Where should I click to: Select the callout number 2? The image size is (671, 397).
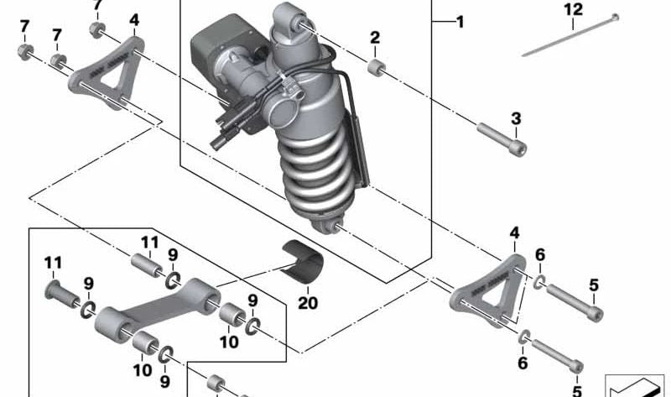[x=375, y=37]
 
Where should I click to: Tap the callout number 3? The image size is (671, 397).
[x=516, y=118]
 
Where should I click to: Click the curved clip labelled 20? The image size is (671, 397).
[x=304, y=260]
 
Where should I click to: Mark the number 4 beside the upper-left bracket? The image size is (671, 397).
[x=134, y=19]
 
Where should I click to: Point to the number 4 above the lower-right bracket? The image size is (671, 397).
[x=514, y=232]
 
